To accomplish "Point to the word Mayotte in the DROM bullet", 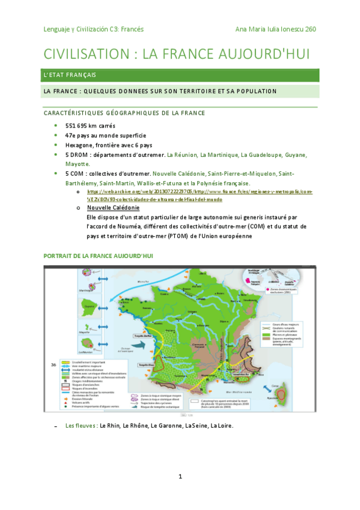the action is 77,164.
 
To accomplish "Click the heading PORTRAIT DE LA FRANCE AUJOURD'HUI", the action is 99,256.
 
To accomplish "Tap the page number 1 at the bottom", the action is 180,477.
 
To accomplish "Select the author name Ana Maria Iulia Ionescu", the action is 270,28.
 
